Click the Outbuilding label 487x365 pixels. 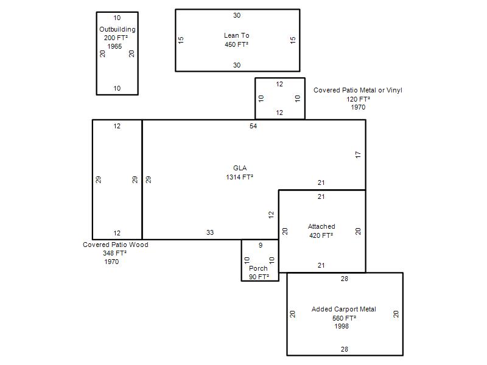(x=117, y=29)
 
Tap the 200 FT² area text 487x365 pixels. (x=116, y=38)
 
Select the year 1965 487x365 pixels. (x=114, y=47)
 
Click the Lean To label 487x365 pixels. (x=237, y=35)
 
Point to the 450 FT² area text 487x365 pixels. (x=237, y=44)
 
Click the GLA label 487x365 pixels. (x=240, y=168)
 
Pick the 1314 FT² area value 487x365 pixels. (x=239, y=177)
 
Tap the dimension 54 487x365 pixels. (x=253, y=126)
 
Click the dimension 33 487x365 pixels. (x=210, y=232)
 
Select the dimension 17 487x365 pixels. (x=358, y=155)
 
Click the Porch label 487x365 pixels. (x=258, y=268)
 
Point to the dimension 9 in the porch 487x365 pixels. (x=261, y=245)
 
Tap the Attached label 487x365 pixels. (x=321, y=226)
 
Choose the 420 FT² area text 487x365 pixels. (x=321, y=235)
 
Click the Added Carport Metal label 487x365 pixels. (x=344, y=309)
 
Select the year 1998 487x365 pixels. (x=342, y=326)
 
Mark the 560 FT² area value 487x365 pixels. (x=344, y=318)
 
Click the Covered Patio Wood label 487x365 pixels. (x=116, y=245)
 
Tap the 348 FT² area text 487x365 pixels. (x=114, y=253)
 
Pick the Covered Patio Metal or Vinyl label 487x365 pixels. (x=358, y=90)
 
